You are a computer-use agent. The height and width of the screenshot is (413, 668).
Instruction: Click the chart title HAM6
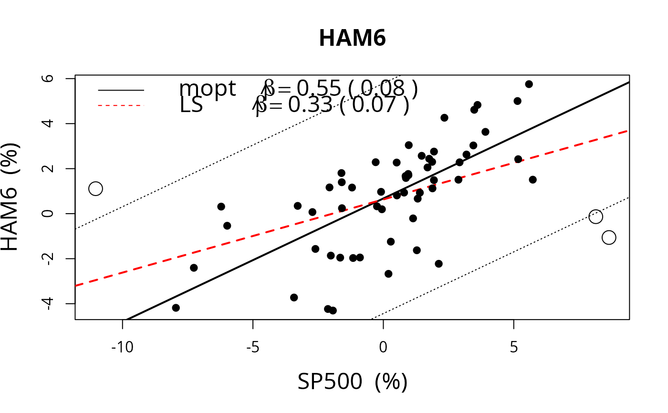point(352,39)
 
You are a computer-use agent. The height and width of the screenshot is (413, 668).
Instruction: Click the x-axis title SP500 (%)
point(352,382)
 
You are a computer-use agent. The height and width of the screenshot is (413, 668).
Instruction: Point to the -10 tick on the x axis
point(123,347)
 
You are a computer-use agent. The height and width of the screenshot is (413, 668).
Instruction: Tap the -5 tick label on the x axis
point(253,347)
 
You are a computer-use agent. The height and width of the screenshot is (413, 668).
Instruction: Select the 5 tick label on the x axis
point(513,347)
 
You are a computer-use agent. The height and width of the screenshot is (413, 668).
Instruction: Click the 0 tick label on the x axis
point(383,347)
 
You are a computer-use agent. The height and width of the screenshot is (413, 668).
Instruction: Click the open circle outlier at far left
point(95,188)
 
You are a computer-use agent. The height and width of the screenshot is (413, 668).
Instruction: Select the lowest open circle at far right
point(608,237)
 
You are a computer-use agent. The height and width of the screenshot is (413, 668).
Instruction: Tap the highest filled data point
point(529,84)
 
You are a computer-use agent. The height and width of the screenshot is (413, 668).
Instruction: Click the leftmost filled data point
point(176,308)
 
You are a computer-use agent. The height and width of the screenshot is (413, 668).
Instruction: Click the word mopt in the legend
point(207,89)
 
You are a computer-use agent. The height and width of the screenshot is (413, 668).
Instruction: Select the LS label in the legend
point(191,105)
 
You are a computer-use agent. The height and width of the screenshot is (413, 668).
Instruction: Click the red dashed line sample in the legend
point(121,105)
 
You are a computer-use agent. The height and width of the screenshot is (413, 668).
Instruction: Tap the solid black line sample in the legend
point(121,89)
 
